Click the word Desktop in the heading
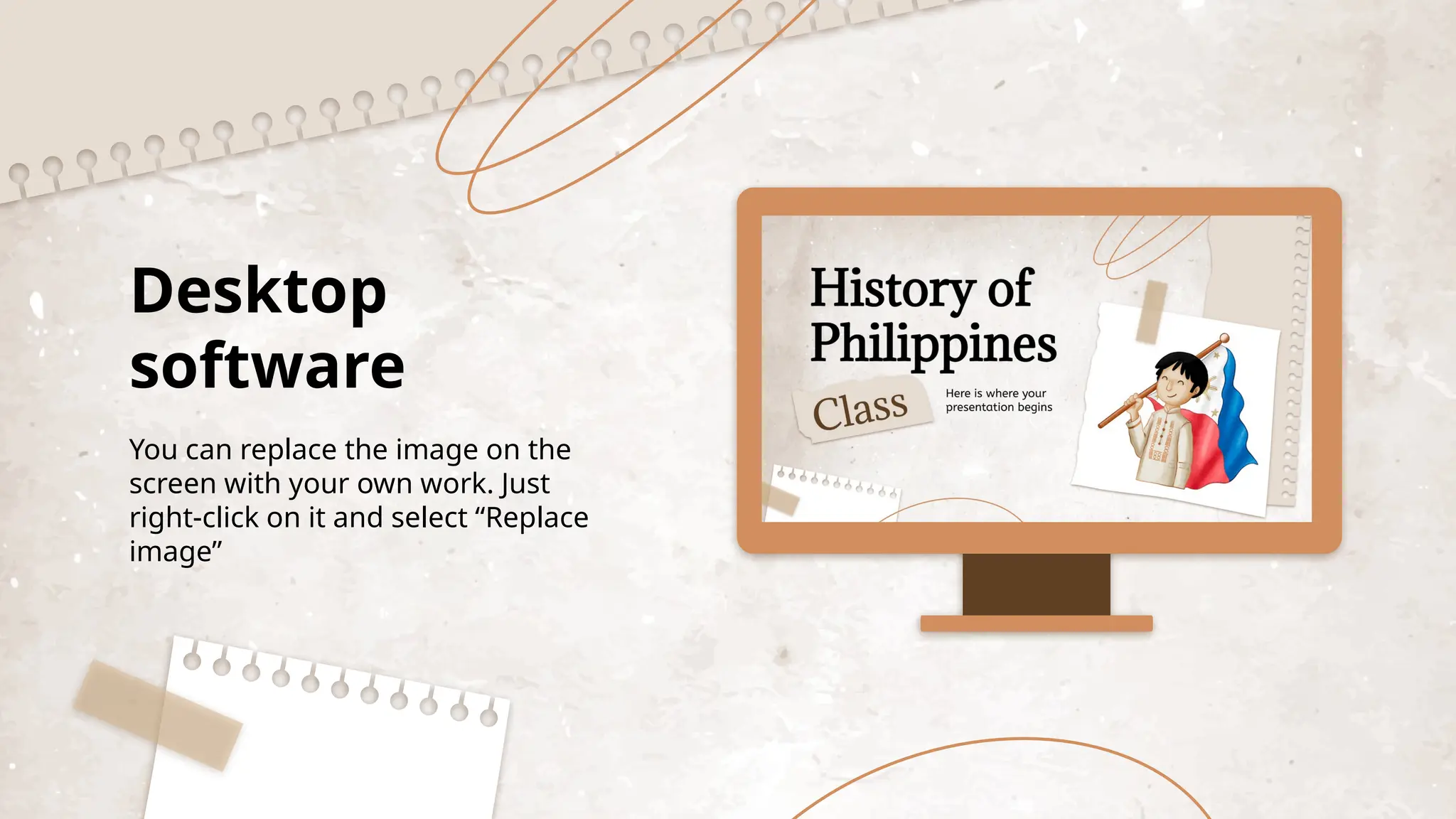point(259,291)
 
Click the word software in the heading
point(267,366)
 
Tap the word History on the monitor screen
point(892,289)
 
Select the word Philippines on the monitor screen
point(933,344)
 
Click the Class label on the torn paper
point(860,410)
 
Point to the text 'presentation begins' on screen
point(998,407)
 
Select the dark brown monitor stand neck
point(1036,584)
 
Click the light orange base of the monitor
point(1036,623)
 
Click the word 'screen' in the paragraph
point(173,483)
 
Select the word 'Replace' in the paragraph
point(537,518)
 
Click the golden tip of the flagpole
point(1224,338)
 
